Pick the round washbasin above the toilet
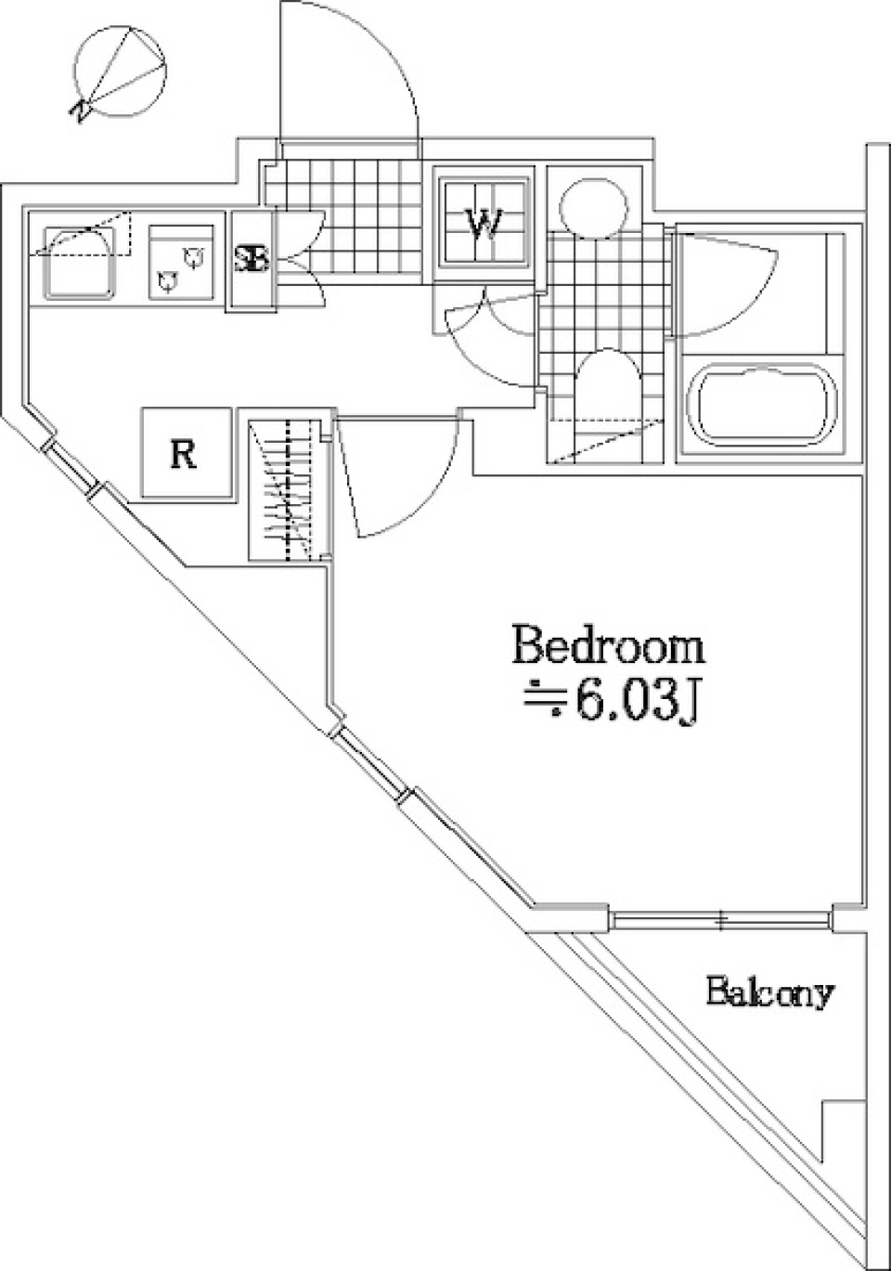point(594,206)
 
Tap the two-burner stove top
point(182,262)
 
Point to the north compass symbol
point(120,72)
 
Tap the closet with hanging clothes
point(290,490)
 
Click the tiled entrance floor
point(344,222)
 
